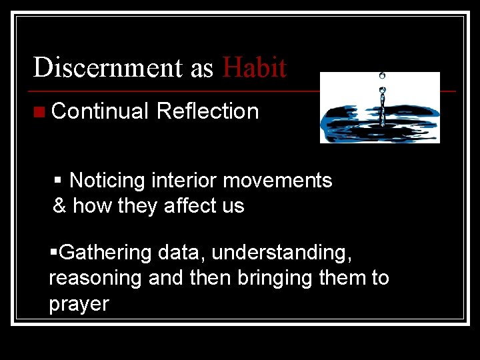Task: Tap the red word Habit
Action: (255, 67)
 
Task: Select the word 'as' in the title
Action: (202, 69)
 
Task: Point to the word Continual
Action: (100, 111)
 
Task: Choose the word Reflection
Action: (207, 111)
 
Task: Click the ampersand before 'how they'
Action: (59, 206)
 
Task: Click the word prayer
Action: (79, 303)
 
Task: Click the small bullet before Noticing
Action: (58, 181)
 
